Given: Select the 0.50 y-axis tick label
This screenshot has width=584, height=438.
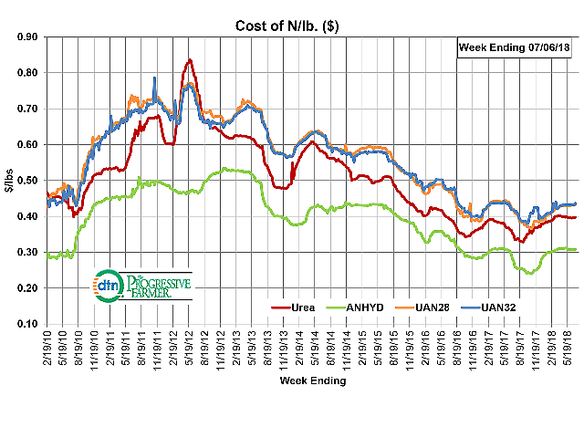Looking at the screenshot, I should [x=28, y=181].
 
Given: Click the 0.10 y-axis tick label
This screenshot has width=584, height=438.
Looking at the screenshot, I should [x=28, y=324].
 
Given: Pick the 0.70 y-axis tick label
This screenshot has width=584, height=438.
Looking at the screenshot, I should [x=28, y=109].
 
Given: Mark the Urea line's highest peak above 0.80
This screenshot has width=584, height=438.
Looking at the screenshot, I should [x=189, y=60].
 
